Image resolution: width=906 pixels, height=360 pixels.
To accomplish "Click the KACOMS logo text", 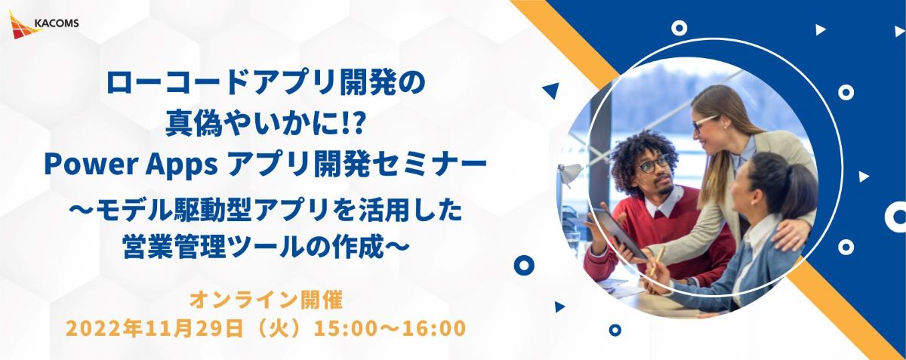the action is [57, 23].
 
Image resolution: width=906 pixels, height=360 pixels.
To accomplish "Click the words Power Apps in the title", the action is [131, 165].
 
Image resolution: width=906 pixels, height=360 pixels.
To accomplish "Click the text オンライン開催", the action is [266, 300].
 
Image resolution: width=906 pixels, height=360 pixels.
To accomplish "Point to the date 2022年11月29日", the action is [155, 328].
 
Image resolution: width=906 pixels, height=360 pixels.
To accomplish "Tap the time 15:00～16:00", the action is [390, 328].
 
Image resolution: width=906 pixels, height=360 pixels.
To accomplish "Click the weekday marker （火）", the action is [279, 328].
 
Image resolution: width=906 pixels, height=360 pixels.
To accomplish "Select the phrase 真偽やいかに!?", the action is [266, 124].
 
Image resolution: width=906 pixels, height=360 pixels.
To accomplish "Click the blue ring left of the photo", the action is [524, 266].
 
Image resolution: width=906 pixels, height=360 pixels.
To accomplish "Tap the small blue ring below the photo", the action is [615, 330].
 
